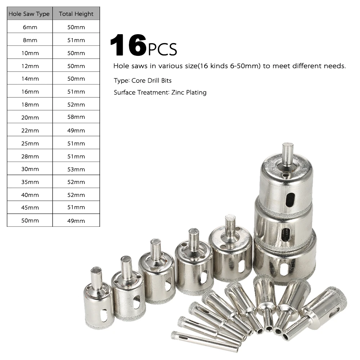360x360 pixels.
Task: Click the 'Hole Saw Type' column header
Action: (29, 14)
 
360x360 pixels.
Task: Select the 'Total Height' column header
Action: (76, 14)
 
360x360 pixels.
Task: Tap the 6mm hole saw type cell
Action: (30, 27)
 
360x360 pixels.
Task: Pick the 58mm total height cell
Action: (76, 117)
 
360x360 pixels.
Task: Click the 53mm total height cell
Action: (76, 170)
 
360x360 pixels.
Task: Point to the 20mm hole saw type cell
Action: (30, 118)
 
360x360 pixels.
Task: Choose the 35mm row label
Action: (30, 182)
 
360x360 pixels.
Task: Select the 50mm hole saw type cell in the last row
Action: (30, 221)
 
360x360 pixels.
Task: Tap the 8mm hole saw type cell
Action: (30, 40)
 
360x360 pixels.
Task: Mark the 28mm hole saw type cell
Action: (30, 156)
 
